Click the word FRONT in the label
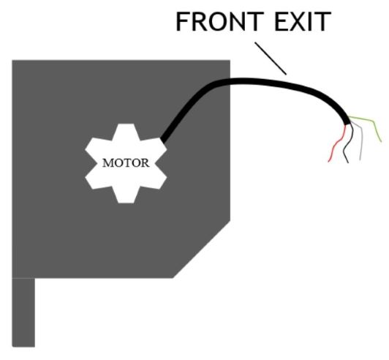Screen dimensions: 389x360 coord(220,22)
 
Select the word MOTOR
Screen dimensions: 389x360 coord(126,163)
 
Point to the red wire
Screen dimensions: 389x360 coord(337,143)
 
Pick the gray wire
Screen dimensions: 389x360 coord(360,140)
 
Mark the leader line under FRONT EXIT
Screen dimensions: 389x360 coord(271,59)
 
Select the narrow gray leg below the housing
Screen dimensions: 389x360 coord(23,312)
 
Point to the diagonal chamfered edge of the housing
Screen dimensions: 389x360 coord(202,249)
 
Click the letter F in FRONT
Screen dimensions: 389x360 coord(182,22)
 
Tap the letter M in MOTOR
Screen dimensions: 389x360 coord(108,163)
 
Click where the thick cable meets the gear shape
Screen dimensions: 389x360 coord(163,140)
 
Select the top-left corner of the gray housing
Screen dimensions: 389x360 coord(12,60)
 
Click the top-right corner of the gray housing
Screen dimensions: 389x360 coord(230,60)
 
